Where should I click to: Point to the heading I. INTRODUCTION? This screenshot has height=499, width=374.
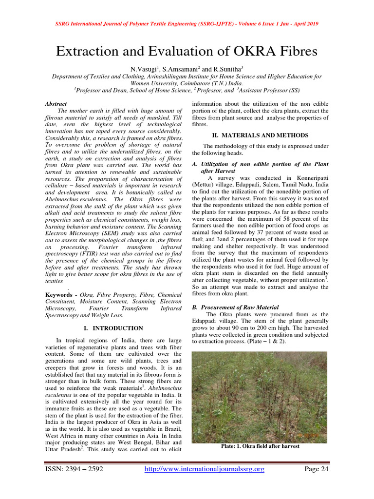(x=113, y=328)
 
